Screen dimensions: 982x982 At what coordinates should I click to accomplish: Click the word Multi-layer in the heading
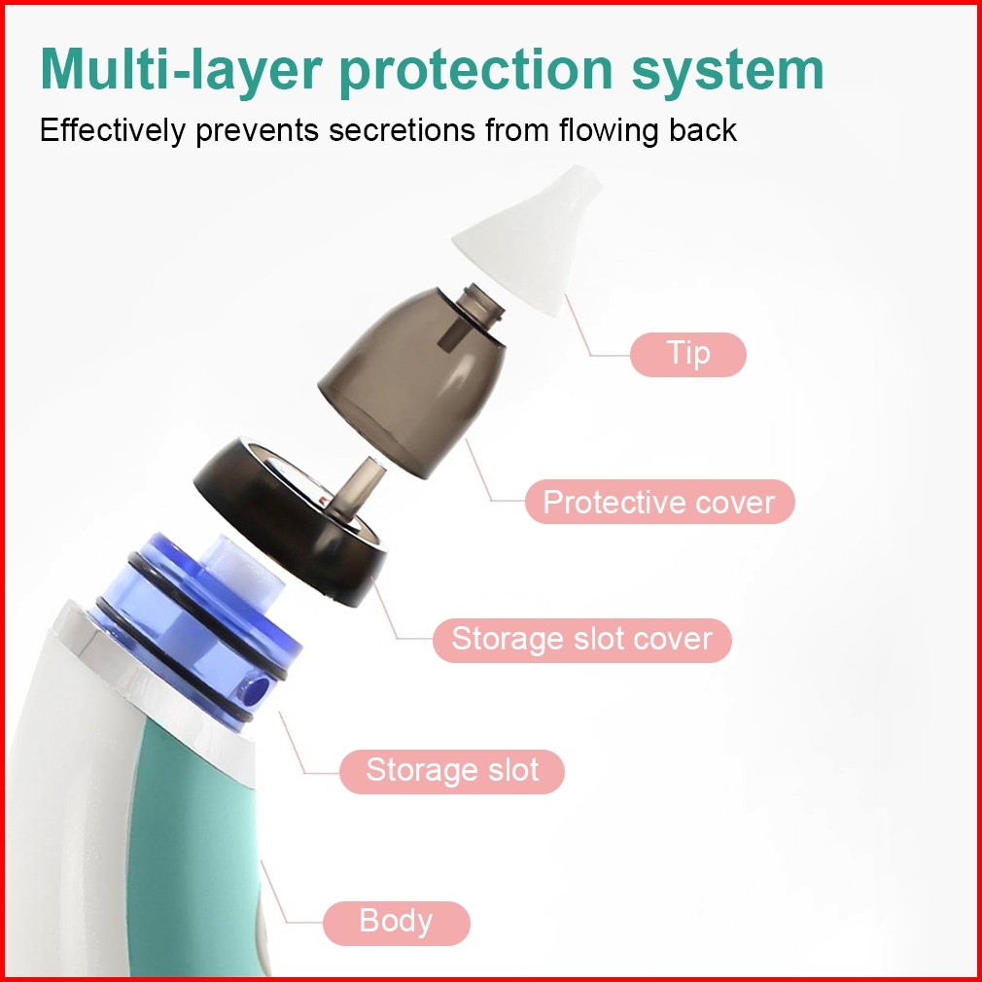182,71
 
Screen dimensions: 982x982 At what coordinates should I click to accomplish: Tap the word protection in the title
476,71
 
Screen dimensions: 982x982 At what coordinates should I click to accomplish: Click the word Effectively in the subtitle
113,131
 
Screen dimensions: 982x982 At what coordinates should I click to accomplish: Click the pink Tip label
688,355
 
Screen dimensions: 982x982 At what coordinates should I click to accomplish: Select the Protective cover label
660,502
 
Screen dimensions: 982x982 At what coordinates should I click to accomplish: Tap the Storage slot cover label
582,640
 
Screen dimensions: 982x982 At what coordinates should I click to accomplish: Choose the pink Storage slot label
452,772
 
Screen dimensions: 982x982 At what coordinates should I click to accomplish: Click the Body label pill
397,923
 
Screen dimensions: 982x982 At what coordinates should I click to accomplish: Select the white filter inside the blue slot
241,570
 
